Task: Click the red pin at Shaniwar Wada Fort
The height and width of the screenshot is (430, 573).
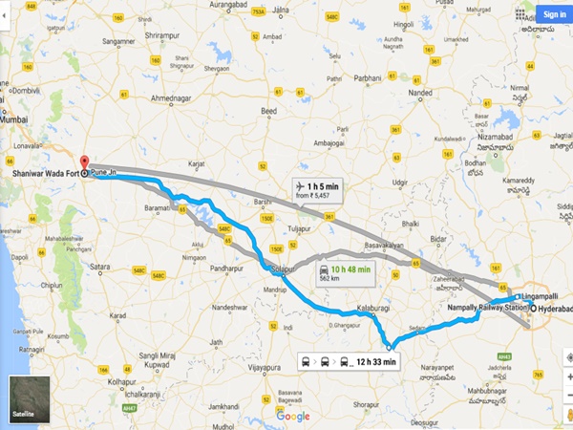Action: click(82, 163)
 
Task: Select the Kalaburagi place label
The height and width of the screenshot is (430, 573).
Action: click(373, 308)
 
